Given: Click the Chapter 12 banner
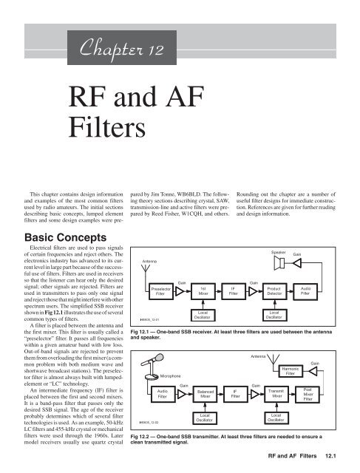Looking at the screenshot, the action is (x=122, y=47).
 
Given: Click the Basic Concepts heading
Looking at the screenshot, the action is (x=66, y=237).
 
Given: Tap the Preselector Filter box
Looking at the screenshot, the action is (x=161, y=291).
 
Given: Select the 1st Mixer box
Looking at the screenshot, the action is (x=203, y=291).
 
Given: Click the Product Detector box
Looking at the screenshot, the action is (x=274, y=291).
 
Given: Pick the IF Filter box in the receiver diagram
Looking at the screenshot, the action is (x=234, y=291).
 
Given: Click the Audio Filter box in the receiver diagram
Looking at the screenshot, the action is (x=305, y=291).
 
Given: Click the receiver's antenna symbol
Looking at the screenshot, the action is (x=146, y=268).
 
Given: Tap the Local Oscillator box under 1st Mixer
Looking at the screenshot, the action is (x=203, y=315).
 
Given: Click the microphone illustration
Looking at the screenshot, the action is (x=152, y=367).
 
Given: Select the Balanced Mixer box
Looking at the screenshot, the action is (x=206, y=394).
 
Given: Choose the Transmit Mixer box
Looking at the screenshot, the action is (x=276, y=394).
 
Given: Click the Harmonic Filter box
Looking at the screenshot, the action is (x=290, y=371).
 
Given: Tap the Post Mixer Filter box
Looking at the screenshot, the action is (x=308, y=394).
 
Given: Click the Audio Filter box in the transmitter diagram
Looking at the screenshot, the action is (x=163, y=394).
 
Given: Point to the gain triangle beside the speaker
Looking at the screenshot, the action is (x=297, y=263).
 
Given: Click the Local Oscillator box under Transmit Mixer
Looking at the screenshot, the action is (x=276, y=418).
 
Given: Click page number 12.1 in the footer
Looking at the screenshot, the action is (x=330, y=456).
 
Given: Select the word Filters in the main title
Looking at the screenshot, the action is (x=107, y=127).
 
